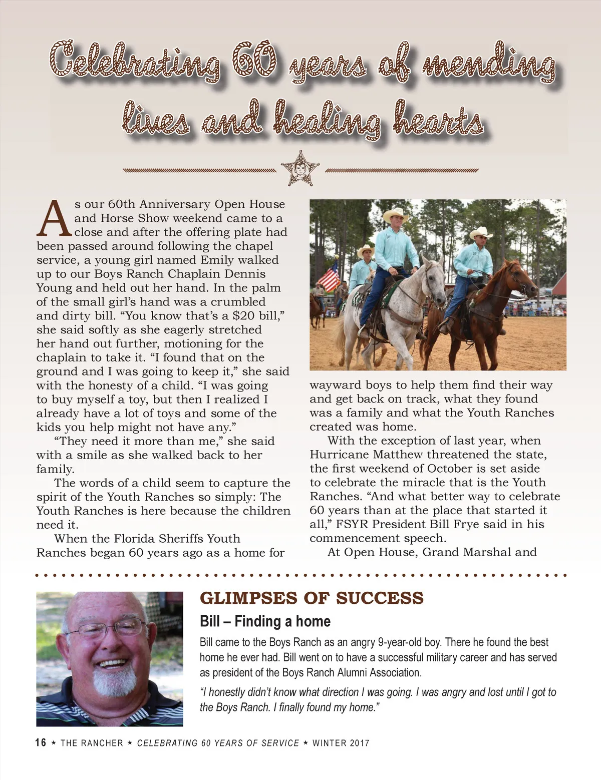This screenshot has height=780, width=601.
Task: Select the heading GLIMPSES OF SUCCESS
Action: coord(312,598)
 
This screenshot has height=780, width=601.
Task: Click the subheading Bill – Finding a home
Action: coord(265,622)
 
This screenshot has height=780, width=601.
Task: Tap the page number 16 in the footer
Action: coord(41,743)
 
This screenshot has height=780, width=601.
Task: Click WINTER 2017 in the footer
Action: coord(341,743)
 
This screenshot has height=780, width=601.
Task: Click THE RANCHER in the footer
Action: coord(92,743)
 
